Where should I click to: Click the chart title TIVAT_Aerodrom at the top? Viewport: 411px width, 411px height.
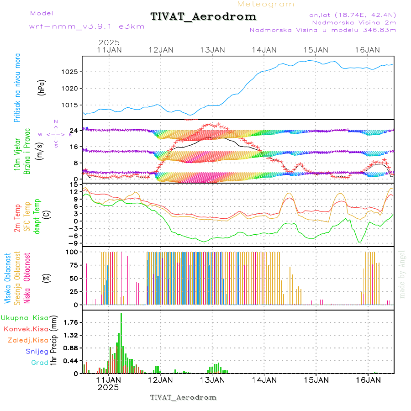203,16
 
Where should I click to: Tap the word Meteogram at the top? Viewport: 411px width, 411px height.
266,4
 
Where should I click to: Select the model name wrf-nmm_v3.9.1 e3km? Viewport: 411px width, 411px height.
87,26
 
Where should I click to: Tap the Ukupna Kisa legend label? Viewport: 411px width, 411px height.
25,317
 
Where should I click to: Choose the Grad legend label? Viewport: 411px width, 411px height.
39,363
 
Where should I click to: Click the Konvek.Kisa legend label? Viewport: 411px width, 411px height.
26,329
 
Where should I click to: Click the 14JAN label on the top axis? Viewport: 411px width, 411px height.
264,50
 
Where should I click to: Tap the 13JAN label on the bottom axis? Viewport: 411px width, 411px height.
212,379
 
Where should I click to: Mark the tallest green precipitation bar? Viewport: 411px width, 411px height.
121,342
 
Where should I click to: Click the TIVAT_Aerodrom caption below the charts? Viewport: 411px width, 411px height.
183,397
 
